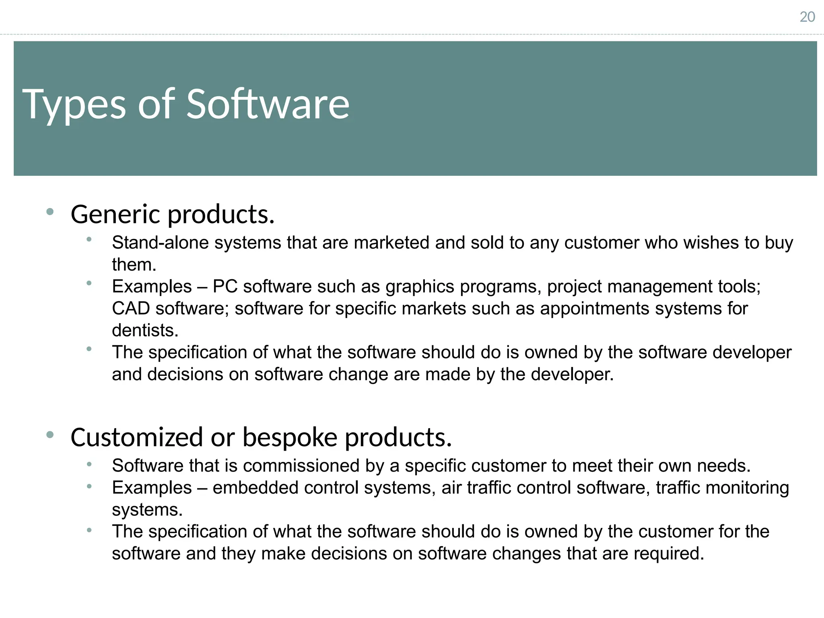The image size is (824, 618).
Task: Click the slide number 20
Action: pos(807,17)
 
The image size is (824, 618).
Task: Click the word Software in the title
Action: pos(268,105)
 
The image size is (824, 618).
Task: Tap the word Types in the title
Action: pos(74,105)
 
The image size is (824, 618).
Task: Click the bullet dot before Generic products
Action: pos(50,212)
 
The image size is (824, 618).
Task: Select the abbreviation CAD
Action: pos(131,309)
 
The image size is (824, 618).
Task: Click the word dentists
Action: pos(145,330)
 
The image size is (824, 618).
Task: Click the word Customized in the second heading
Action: pos(136,437)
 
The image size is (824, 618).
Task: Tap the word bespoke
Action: pos(290,437)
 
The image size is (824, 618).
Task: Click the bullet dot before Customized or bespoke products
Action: pos(50,435)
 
